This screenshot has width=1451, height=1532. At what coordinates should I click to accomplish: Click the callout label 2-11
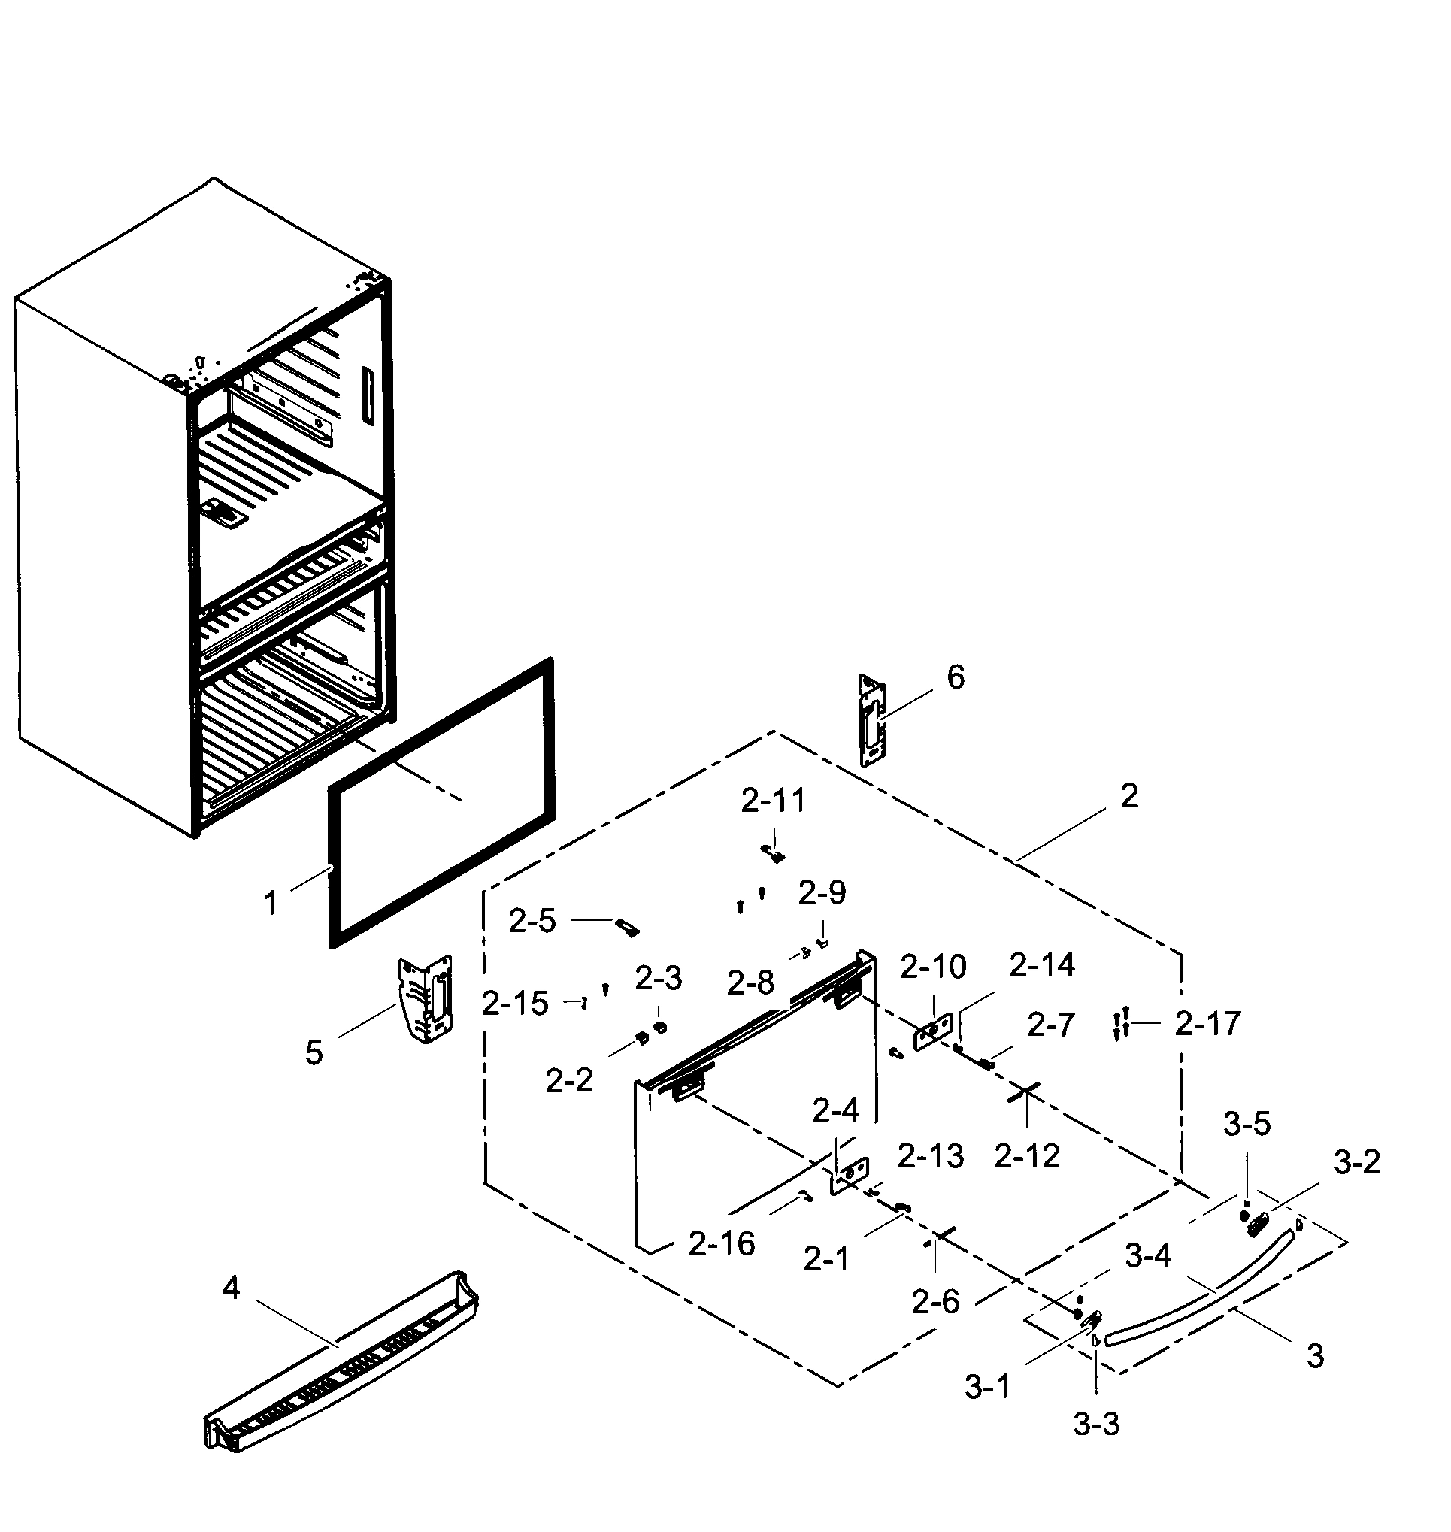coord(773,801)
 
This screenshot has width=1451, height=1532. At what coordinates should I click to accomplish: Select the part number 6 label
coord(956,677)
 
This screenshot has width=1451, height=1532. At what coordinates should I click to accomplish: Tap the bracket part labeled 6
coord(872,720)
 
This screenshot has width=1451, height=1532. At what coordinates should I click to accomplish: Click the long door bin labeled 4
coord(341,1364)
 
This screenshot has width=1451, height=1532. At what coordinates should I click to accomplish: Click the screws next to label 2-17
coord(1121,1024)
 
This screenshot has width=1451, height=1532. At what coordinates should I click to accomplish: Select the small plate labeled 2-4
coord(850,1176)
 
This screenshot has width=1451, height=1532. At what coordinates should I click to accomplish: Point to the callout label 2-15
coord(514,1004)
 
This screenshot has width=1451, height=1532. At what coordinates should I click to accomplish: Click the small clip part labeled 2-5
coord(627,927)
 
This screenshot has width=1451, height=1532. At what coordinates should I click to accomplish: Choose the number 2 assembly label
coord(1128,796)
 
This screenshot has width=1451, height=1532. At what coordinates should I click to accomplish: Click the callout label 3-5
coord(1246,1124)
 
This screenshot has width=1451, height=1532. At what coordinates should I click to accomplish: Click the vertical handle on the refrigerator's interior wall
coord(367,395)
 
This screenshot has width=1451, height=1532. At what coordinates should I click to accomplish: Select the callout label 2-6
coord(935,1302)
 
